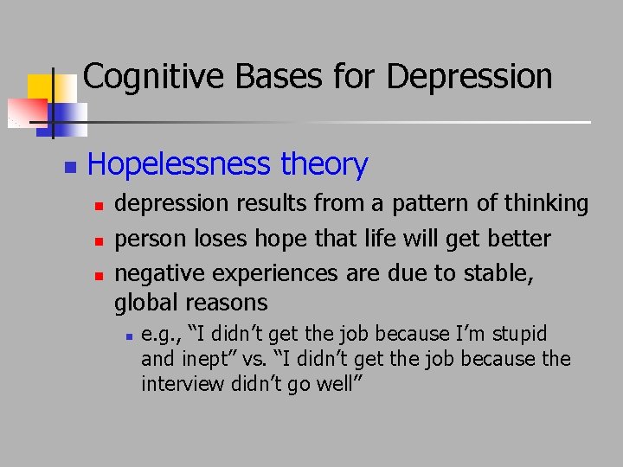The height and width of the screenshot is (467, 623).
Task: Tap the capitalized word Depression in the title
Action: [x=469, y=77]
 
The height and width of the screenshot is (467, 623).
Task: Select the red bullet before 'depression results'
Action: [x=99, y=206]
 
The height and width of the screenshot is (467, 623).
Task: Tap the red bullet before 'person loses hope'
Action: [x=99, y=240]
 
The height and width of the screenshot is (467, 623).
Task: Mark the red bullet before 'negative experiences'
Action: [x=99, y=274]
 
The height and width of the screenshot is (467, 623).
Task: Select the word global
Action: [x=145, y=303]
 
